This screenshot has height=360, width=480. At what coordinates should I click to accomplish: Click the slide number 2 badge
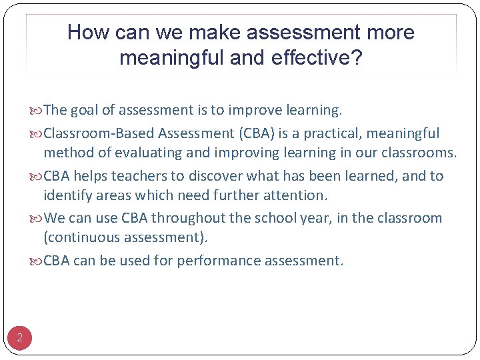[x=19, y=339]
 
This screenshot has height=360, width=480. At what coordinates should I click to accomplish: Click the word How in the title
[x=85, y=32]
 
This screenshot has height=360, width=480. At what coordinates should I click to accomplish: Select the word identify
[x=67, y=195]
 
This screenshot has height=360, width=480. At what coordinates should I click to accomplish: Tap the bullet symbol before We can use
[x=37, y=219]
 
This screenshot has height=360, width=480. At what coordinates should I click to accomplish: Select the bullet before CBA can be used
[x=37, y=261]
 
